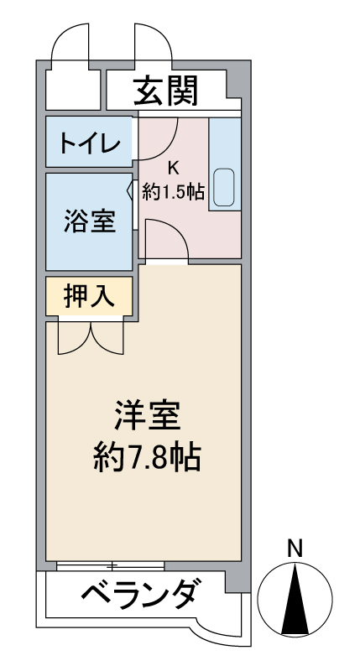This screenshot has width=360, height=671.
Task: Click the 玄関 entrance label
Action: click(x=165, y=90)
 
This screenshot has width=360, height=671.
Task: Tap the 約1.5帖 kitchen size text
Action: click(x=173, y=192)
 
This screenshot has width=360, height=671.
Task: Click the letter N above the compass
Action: click(x=295, y=549)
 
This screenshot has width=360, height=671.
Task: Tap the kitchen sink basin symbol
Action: click(x=224, y=187)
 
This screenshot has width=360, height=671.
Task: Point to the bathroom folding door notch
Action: click(x=131, y=190)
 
